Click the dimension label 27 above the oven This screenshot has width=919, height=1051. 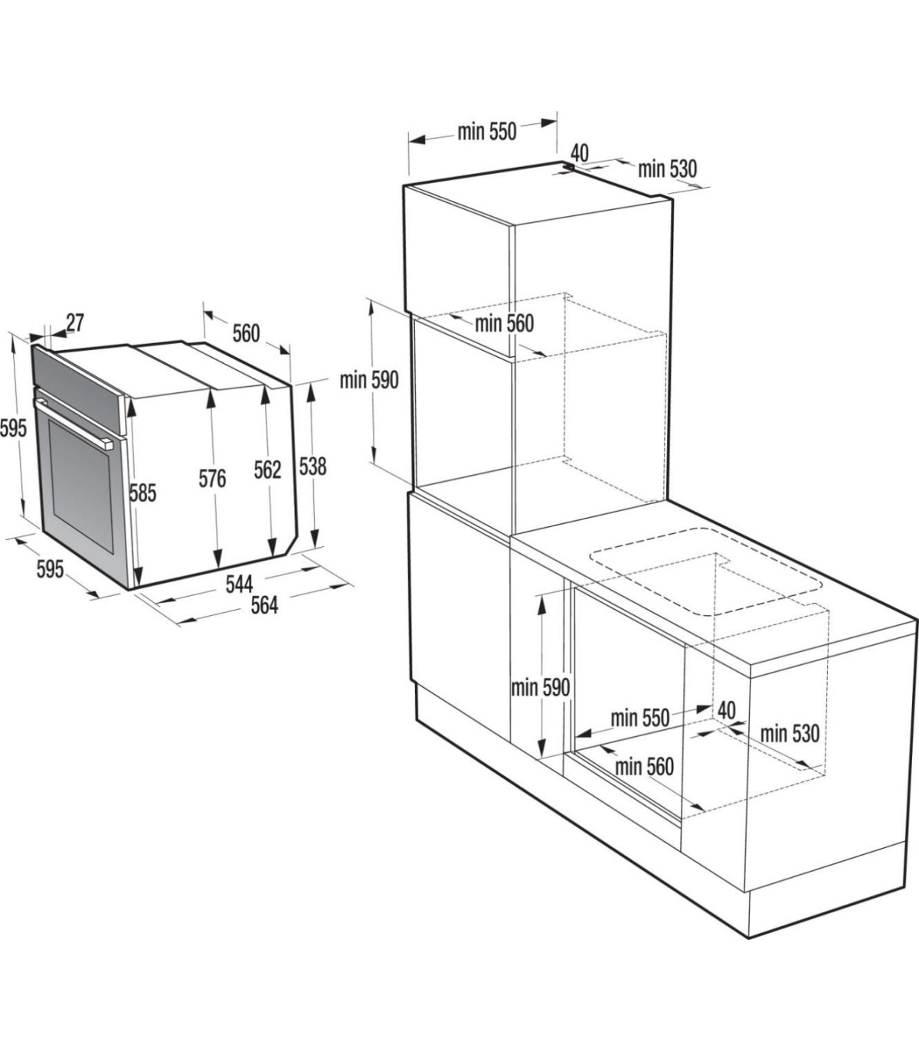(74, 323)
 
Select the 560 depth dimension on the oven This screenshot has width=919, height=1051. (247, 333)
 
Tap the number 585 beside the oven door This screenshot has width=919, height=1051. (142, 493)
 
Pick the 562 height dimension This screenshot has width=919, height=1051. (268, 470)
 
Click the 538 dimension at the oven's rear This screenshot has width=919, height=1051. (312, 467)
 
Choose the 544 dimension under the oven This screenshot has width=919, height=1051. (239, 584)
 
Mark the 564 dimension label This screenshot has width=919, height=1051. (264, 605)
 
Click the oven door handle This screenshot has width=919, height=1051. (74, 420)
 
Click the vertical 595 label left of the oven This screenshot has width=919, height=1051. (13, 427)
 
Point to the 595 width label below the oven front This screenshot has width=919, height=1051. (51, 569)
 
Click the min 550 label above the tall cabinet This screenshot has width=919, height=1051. (487, 132)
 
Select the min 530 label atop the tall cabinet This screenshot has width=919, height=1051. (668, 169)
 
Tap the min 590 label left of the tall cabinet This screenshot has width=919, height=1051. (369, 381)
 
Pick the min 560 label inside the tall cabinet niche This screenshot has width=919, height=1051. (504, 323)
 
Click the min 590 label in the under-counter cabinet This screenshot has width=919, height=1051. (540, 688)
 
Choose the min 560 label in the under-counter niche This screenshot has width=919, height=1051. (644, 767)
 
